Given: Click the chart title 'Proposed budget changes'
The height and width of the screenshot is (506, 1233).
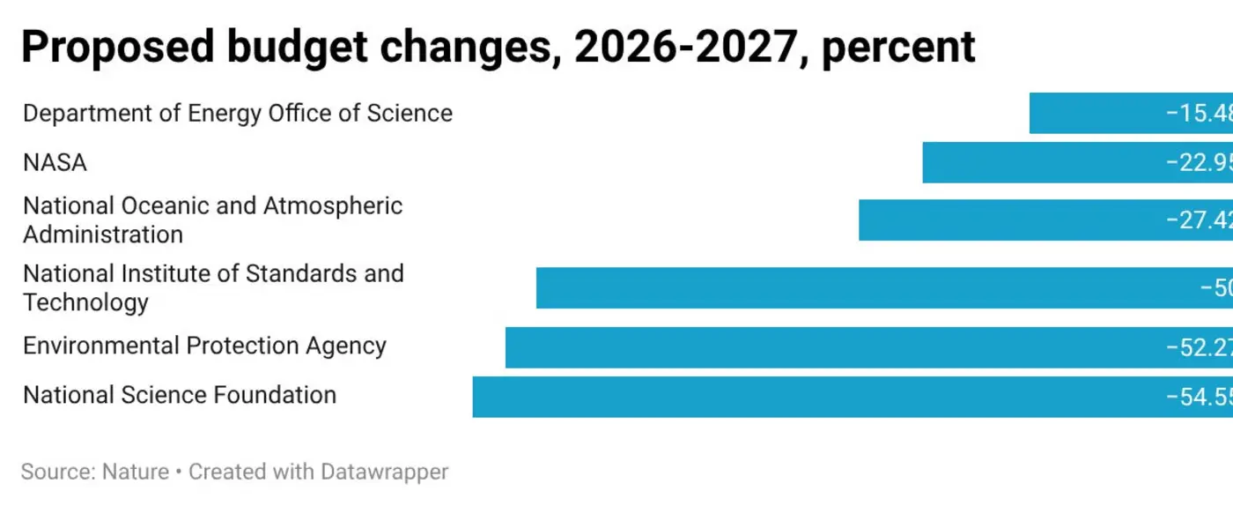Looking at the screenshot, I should pyautogui.click(x=291, y=47).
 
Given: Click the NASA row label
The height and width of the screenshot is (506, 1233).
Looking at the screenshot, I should pyautogui.click(x=55, y=163).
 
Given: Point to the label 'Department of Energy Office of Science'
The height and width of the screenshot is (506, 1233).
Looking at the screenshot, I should pyautogui.click(x=238, y=114).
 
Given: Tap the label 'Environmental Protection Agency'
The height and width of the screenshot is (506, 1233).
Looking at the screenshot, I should pyautogui.click(x=204, y=346).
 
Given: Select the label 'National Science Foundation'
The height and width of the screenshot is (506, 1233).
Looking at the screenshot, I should pyautogui.click(x=180, y=395).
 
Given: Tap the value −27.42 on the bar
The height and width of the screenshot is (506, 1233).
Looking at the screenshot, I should pyautogui.click(x=1200, y=220).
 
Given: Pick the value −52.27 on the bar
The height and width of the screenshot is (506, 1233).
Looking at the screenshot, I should pyautogui.click(x=1200, y=347).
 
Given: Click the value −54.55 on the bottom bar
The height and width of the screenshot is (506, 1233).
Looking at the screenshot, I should pyautogui.click(x=1200, y=397).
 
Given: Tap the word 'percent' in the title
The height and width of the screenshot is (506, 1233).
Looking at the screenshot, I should pyautogui.click(x=897, y=47).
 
